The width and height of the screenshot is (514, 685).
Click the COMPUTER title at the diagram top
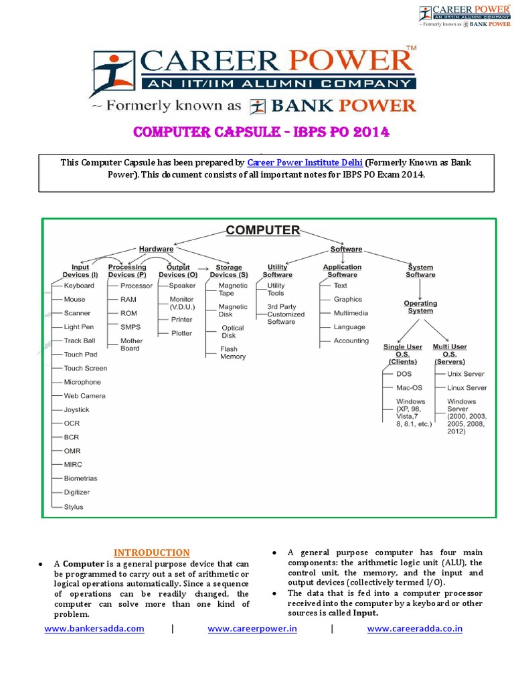(x=262, y=230)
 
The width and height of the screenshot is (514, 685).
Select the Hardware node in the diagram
(x=155, y=249)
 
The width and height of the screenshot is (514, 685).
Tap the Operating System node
(x=420, y=307)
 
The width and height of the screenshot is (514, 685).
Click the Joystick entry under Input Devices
(x=76, y=409)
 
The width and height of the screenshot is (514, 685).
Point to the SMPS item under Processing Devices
(x=130, y=327)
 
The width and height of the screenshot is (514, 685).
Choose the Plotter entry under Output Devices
(x=181, y=333)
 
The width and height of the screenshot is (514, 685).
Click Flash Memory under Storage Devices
(x=232, y=353)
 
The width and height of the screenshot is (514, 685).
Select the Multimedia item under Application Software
(x=351, y=313)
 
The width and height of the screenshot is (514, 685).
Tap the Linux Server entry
(x=466, y=388)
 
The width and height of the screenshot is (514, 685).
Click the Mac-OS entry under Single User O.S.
(x=409, y=388)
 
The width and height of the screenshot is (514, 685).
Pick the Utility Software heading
(x=277, y=271)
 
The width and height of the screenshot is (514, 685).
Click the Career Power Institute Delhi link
(x=305, y=163)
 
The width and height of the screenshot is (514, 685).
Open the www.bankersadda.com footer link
(x=94, y=629)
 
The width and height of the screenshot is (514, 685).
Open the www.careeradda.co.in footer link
(x=414, y=629)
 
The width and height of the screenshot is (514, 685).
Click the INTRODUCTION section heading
(x=151, y=553)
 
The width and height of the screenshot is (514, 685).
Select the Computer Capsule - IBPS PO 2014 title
(x=261, y=132)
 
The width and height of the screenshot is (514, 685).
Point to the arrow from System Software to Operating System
(x=420, y=289)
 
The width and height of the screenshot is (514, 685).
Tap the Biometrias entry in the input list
(x=80, y=478)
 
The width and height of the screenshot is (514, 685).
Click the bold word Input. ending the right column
(x=366, y=613)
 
